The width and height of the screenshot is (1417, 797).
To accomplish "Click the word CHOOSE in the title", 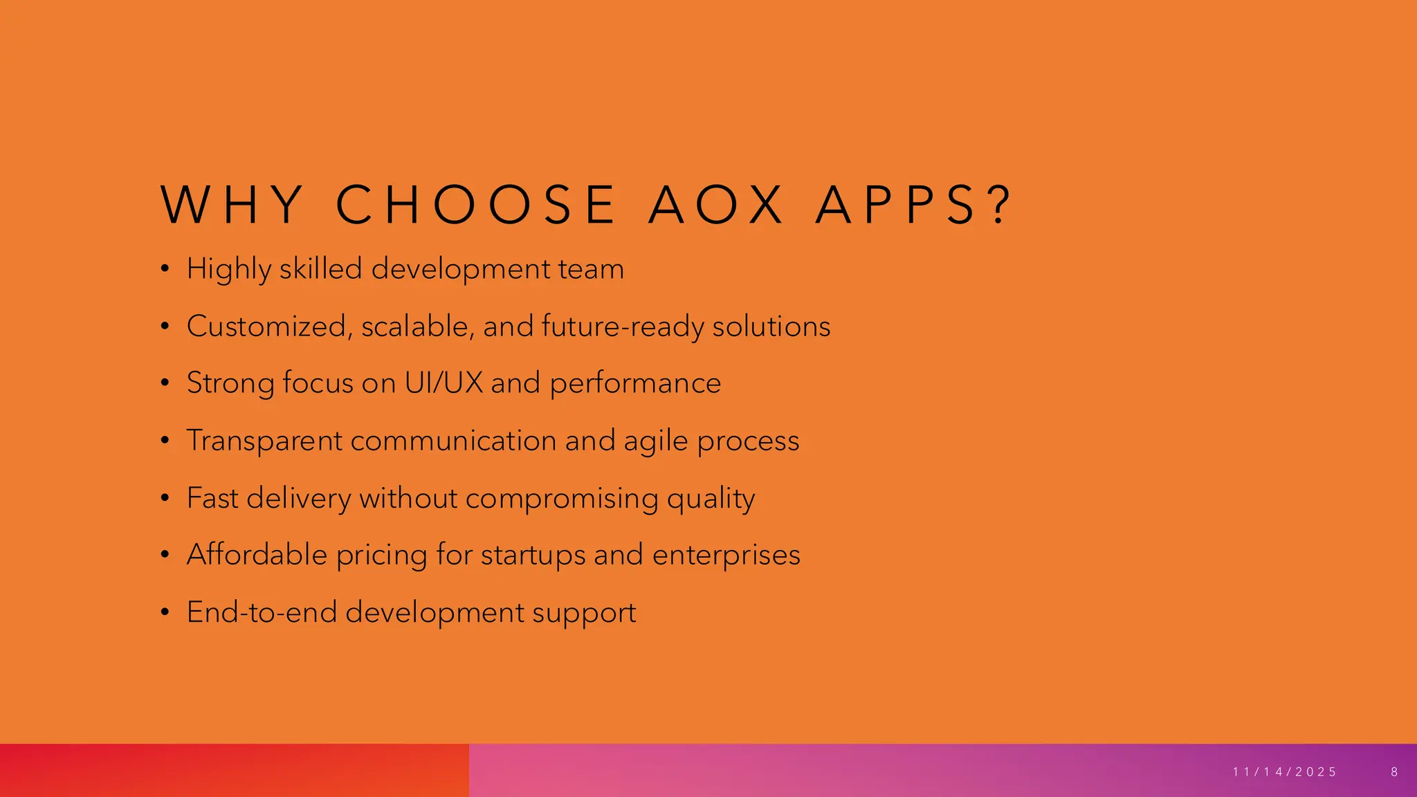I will tap(475, 205).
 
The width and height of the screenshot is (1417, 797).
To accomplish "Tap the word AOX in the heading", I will tap(716, 205).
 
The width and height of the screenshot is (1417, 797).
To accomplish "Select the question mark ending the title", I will tap(1000, 205).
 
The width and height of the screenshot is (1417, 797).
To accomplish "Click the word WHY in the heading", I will tap(232, 205).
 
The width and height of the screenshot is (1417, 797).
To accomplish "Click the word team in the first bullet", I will tap(591, 269).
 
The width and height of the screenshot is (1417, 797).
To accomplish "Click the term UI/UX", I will tap(444, 383).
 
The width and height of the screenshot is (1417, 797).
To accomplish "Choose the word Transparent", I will tap(264, 441).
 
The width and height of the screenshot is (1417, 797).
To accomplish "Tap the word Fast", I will tap(212, 498).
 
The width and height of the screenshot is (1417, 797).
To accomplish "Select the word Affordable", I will tap(257, 555).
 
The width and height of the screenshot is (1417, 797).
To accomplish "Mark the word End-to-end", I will tap(262, 612).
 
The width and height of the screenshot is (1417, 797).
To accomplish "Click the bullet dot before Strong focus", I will tap(164, 383).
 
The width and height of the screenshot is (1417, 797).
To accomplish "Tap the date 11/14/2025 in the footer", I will tap(1285, 772).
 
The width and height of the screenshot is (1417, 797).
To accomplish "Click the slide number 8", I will tap(1395, 772).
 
